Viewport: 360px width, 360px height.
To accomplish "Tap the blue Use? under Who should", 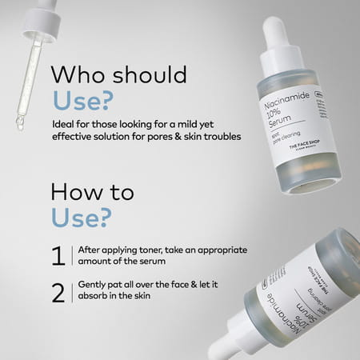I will click(82, 102).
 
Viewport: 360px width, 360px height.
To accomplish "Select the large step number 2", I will click(58, 293).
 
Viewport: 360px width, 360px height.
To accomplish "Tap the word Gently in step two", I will click(94, 286).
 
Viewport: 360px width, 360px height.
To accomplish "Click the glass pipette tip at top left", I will click(20, 122).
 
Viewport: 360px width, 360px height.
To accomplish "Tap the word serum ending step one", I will click(155, 262).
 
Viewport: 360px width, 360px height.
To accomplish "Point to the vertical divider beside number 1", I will click(71, 256).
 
